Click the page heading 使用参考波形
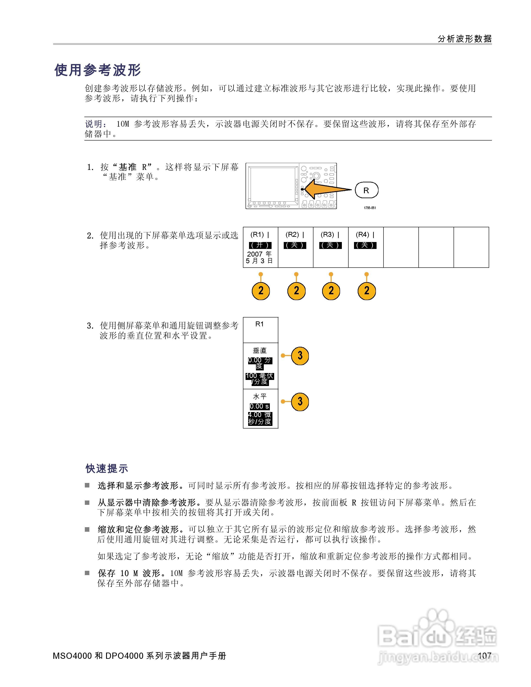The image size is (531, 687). point(98,70)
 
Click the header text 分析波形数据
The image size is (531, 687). point(464,39)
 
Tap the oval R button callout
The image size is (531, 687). point(366,190)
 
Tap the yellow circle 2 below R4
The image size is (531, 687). point(367,291)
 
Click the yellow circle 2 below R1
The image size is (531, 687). point(261,291)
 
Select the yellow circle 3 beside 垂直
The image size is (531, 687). point(300,356)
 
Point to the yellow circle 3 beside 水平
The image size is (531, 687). point(300,402)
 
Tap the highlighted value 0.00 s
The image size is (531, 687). point(259,406)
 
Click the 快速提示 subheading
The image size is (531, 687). point(107,468)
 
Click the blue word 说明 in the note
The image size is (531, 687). point(94,124)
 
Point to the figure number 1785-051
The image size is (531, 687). point(370,208)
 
